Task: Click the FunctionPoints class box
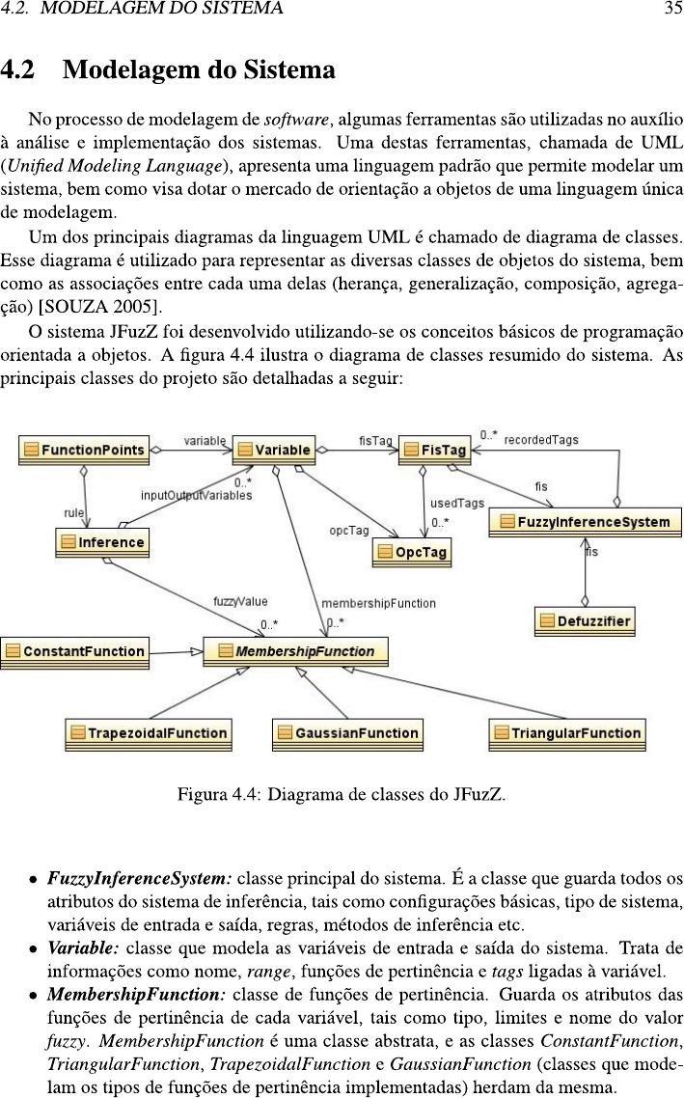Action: (x=84, y=451)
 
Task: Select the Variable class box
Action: (x=274, y=451)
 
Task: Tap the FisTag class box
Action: (x=435, y=451)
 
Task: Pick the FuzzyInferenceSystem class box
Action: (x=586, y=522)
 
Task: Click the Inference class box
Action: (x=102, y=542)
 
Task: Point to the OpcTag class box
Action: (x=412, y=553)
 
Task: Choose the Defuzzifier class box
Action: (x=586, y=621)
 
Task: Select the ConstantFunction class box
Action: (x=75, y=652)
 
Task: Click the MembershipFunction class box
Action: (x=295, y=652)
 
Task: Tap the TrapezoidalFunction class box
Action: (x=149, y=734)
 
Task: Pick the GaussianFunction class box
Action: (x=348, y=734)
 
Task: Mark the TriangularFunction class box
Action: (x=567, y=734)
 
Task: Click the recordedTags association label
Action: (x=541, y=440)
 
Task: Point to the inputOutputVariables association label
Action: (x=196, y=496)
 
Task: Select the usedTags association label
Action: (x=457, y=504)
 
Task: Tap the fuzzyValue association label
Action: (x=240, y=601)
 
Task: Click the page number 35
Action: (x=672, y=9)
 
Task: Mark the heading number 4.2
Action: (x=17, y=69)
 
